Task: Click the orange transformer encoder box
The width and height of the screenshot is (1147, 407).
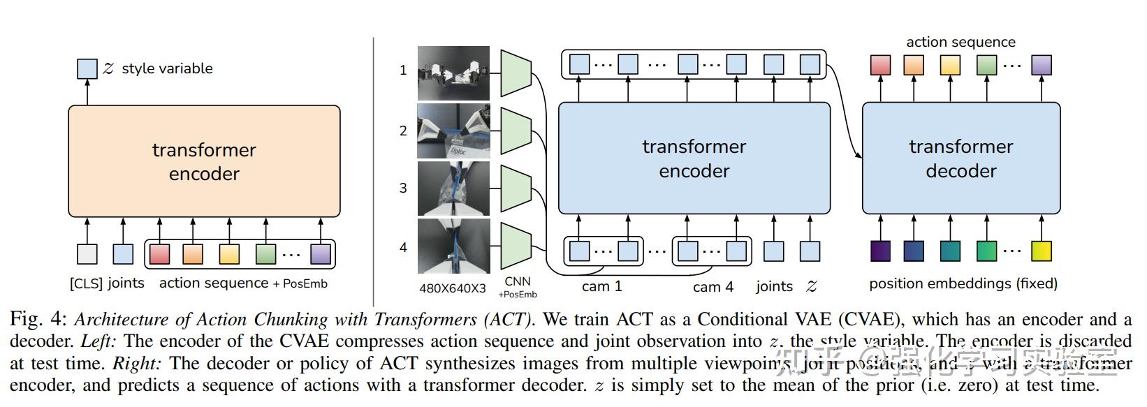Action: click(x=204, y=161)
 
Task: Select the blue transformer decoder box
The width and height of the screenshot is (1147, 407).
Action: click(x=960, y=158)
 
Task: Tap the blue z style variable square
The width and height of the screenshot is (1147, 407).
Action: click(x=87, y=68)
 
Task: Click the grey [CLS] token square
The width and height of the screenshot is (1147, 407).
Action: click(x=87, y=253)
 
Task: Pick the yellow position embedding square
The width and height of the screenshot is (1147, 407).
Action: click(x=1041, y=251)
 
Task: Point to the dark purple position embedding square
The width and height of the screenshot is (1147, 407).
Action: click(x=880, y=251)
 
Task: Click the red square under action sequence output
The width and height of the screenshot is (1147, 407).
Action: click(x=880, y=65)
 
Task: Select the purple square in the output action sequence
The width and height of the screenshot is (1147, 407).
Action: click(x=1041, y=65)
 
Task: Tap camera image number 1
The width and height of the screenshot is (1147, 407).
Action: click(x=453, y=73)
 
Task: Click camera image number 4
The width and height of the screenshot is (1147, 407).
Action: click(x=453, y=246)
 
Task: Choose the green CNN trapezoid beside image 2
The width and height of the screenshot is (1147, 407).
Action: click(x=516, y=130)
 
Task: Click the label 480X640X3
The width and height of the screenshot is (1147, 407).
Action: click(x=453, y=288)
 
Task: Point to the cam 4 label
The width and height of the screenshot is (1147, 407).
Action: click(x=713, y=287)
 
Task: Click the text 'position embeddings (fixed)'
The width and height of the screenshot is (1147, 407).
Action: click(x=963, y=283)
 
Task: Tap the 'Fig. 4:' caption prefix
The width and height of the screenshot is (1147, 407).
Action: click(x=38, y=320)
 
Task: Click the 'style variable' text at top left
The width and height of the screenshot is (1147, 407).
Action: click(x=167, y=68)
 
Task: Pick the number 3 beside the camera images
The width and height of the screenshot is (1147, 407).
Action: click(x=403, y=188)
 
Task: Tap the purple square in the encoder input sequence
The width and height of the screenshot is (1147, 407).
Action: click(x=320, y=253)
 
